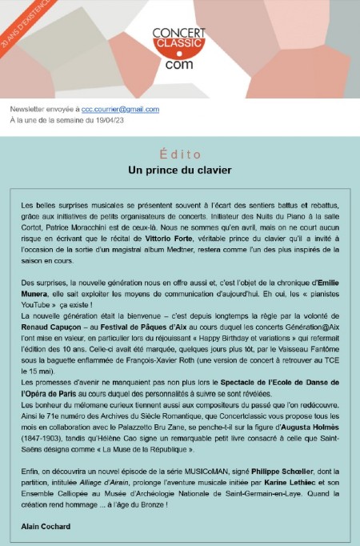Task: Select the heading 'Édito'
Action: pyautogui.click(x=179, y=155)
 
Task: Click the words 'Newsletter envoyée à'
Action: pyautogui.click(x=45, y=109)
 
